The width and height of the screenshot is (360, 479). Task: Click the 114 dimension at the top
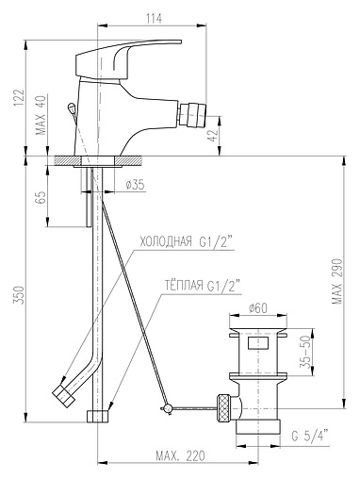pyautogui.click(x=154, y=19)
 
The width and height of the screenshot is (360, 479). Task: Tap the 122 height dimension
pyautogui.click(x=19, y=98)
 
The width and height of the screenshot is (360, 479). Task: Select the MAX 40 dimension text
pyautogui.click(x=41, y=115)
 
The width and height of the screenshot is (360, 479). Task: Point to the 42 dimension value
pyautogui.click(x=213, y=136)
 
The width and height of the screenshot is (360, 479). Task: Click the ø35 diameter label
pyautogui.click(x=136, y=185)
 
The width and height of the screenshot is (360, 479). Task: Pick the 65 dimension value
pyautogui.click(x=41, y=197)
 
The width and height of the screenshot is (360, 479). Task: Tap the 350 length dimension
pyautogui.click(x=19, y=294)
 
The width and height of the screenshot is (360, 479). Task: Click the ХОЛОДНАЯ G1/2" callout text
pyautogui.click(x=186, y=241)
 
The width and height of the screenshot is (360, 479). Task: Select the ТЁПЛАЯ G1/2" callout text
pyautogui.click(x=203, y=286)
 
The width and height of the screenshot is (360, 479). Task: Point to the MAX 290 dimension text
pyautogui.click(x=337, y=281)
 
